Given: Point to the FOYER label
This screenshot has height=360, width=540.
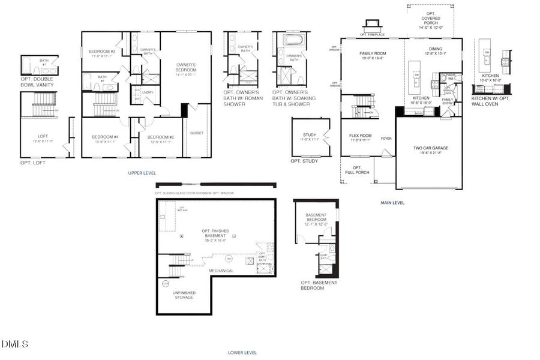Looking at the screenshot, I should pyautogui.click(x=386, y=139).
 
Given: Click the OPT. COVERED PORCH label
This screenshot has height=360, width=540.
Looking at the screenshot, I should pyautogui.click(x=430, y=20).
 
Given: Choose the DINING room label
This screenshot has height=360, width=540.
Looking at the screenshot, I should pyautogui.click(x=436, y=51).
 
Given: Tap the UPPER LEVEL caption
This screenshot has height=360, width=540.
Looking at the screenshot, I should pyautogui.click(x=142, y=173).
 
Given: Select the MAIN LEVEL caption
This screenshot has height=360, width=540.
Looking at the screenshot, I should pyautogui.click(x=392, y=203).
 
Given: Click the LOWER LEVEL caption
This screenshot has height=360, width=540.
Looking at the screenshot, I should pyautogui.click(x=242, y=353).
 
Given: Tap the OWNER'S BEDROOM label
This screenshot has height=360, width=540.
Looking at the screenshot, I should pyautogui.click(x=186, y=67).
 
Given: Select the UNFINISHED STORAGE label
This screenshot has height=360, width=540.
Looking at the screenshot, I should pyautogui.click(x=184, y=295).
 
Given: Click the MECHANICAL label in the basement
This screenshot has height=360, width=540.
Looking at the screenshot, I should pyautogui.click(x=221, y=271).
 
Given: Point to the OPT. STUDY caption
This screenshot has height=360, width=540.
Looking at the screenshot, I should pyautogui.click(x=304, y=161).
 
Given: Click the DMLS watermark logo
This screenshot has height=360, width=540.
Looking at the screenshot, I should pyautogui.click(x=15, y=344).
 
